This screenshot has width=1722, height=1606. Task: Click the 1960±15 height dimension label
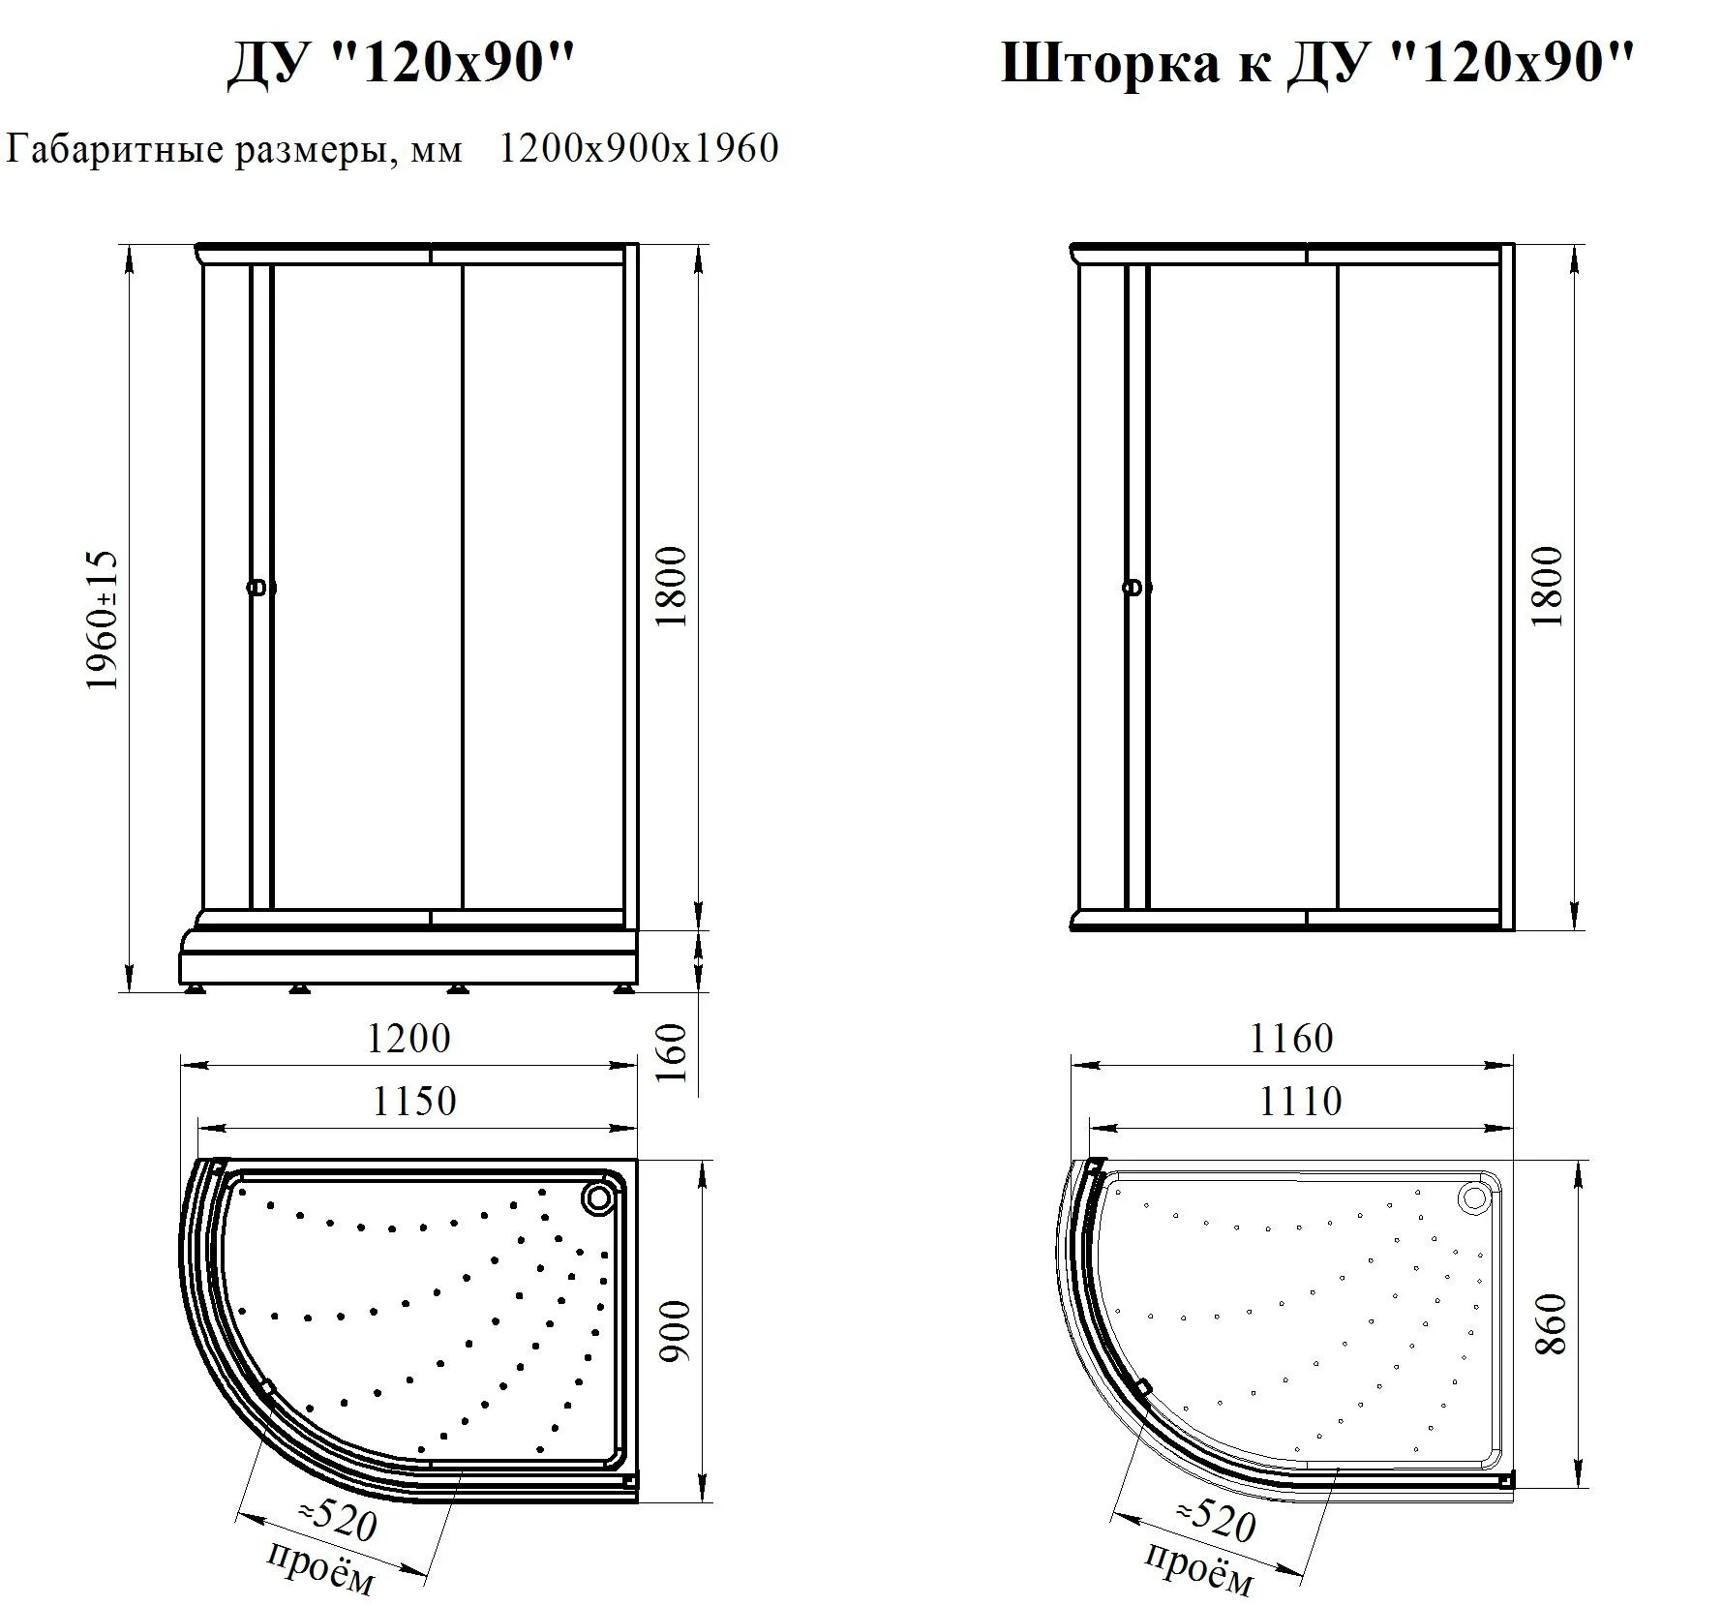tap(102, 620)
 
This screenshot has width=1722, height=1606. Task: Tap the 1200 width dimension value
tap(408, 1039)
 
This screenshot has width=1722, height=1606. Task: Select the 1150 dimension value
tap(414, 1102)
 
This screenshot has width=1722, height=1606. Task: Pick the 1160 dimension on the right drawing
tap(1291, 1039)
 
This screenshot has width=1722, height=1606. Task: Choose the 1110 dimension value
tap(1300, 1102)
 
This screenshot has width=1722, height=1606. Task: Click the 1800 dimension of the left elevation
tap(672, 587)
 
